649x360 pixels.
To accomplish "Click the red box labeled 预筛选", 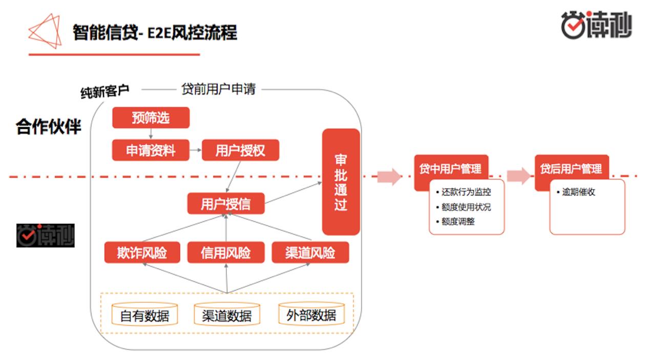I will tap(151, 118).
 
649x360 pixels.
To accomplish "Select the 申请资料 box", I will tap(151, 150).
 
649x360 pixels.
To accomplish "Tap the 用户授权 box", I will tap(240, 150).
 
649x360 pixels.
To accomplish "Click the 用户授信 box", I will tap(225, 204).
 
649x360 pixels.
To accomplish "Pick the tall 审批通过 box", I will tap(341, 182).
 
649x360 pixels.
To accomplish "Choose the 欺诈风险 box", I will tap(142, 252).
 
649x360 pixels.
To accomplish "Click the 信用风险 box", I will tap(225, 252).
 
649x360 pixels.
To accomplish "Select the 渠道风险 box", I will tap(310, 252).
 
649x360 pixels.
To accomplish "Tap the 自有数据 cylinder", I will tap(144, 315).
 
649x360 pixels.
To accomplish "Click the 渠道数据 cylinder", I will tap(227, 315).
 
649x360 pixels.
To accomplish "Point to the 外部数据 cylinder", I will tap(311, 314).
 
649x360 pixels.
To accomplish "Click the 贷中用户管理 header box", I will tap(451, 168).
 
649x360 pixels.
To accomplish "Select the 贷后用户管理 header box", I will tap(571, 168).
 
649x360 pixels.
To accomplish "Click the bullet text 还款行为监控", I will tap(466, 193).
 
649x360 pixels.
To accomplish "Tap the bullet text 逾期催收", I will tap(578, 193).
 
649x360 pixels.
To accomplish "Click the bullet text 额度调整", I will tap(458, 222).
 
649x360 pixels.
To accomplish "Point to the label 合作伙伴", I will tap(49, 126).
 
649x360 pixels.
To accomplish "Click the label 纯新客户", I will tap(105, 92).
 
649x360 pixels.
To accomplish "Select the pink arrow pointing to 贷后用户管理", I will tap(519, 176).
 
